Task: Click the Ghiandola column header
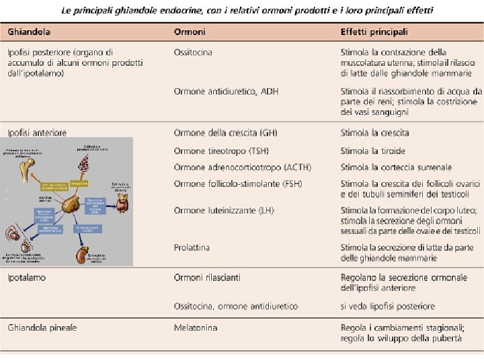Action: pos(29,32)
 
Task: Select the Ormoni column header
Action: pos(190,32)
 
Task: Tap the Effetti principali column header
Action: pos(374,32)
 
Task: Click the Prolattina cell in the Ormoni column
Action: pos(192,247)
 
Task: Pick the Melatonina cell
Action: pos(196,328)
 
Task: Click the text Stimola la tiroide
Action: pos(373,151)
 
